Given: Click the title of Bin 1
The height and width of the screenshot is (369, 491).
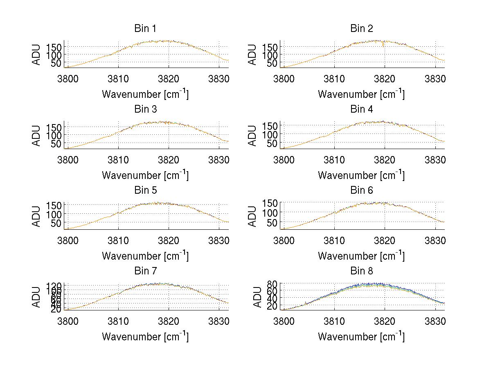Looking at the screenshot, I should pos(145,29).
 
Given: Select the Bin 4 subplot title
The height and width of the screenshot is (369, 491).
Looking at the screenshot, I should pos(361,109).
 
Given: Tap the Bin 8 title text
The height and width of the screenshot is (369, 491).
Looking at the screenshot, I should pos(361,271).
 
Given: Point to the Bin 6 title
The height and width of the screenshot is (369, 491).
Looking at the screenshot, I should pos(361,190).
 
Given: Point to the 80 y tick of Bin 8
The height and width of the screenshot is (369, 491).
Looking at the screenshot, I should pos(273,283).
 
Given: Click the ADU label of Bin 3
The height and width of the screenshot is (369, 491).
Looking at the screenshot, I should pos(37,135).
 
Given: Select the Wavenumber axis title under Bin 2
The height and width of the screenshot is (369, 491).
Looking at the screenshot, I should pos(361,94).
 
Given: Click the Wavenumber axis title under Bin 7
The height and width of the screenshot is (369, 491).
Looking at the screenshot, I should pos(145,337).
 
